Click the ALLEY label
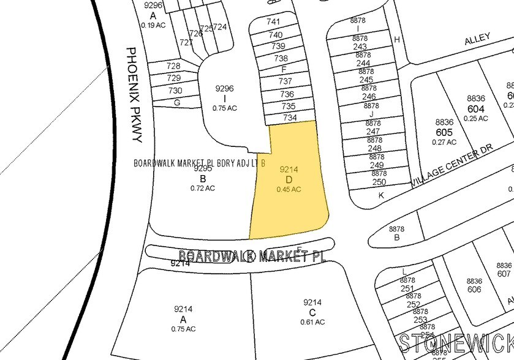pos(477,39)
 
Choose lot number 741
pos(274,21)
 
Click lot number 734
pos(289,118)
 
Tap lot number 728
pos(173,66)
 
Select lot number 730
pos(175,90)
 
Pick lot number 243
pos(360,47)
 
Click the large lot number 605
pos(444,132)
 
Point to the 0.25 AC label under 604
pos(476,118)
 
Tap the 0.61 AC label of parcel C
pos(312,322)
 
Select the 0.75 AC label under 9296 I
pos(225,108)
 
